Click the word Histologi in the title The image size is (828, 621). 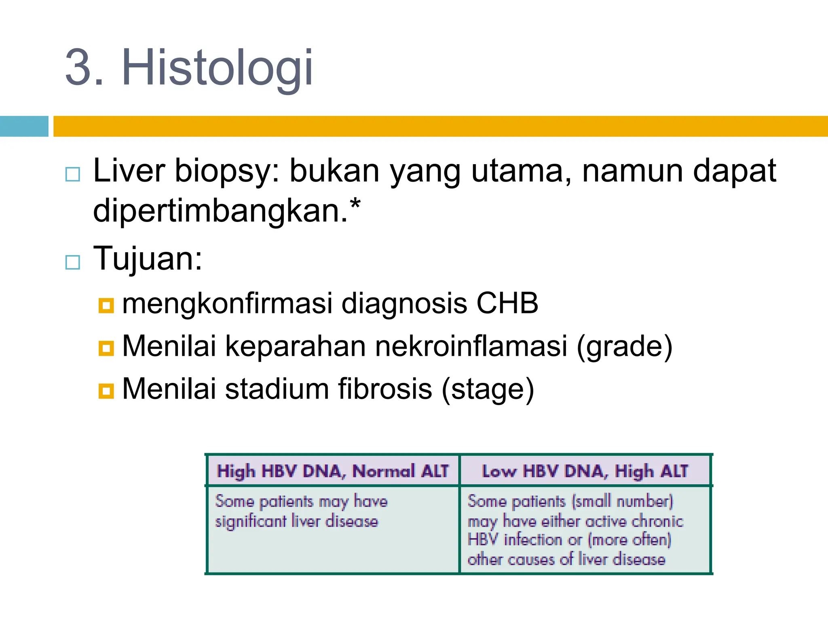[x=217, y=67]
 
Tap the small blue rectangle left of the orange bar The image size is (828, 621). [x=24, y=126]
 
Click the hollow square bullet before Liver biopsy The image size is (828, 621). [x=73, y=174]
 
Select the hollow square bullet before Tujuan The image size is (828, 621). [x=73, y=262]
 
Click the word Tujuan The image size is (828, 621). [x=147, y=259]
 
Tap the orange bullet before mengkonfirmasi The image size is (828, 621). [x=106, y=306]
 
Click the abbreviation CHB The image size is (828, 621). [x=507, y=303]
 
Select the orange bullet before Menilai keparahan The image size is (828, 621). [x=106, y=348]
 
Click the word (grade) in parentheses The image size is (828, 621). [x=624, y=347]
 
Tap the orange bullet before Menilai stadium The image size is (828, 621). [x=106, y=391]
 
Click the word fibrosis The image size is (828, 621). [x=385, y=389]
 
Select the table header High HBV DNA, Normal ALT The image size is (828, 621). [x=333, y=471]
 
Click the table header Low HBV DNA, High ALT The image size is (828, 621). [x=585, y=471]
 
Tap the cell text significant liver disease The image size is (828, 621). [x=296, y=521]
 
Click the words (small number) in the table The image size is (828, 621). [x=623, y=501]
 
